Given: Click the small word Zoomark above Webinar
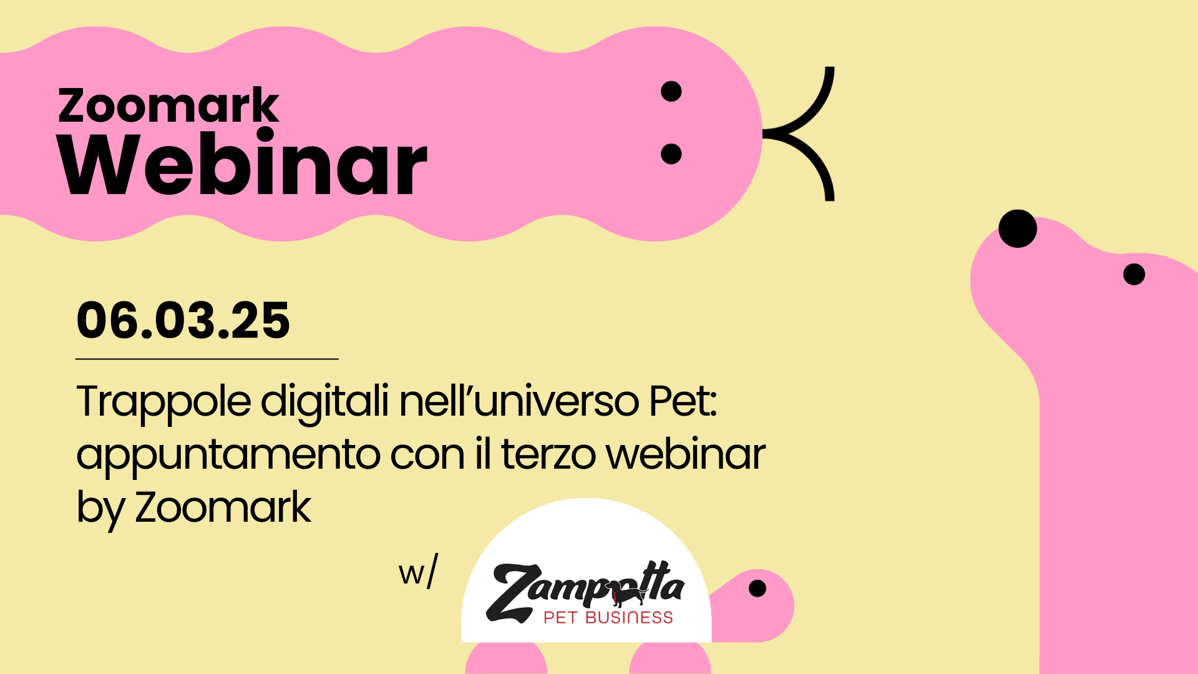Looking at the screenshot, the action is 168,105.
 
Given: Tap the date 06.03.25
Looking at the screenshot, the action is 183,320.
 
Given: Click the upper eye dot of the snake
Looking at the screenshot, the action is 671,91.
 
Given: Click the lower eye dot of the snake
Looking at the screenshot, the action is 671,154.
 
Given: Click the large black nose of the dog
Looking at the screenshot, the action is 1018,228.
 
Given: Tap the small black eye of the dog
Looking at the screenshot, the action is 1134,274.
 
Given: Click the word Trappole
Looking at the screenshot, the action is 164,403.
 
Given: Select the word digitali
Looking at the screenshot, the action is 324,403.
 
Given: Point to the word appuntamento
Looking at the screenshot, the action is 228,456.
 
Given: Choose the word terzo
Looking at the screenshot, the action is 548,454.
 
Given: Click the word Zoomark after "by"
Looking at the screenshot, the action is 223,507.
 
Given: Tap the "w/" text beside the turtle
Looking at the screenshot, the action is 418,571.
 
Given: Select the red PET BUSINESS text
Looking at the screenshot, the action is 608,618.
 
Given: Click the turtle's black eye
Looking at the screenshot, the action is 757,588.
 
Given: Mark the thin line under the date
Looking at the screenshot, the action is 207,359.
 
